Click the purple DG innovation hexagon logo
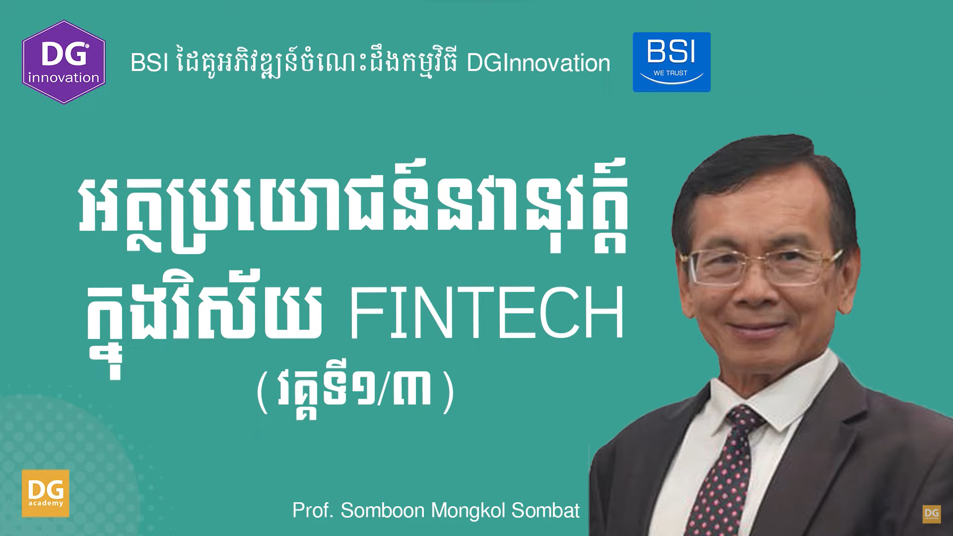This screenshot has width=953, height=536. coord(64,62)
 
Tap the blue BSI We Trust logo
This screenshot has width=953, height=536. coord(672,62)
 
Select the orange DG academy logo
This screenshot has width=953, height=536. coord(46,493)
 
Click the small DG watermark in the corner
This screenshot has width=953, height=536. coord(932,514)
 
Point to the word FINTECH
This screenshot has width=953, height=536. coord(486,314)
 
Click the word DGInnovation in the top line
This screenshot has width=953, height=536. coord(539,63)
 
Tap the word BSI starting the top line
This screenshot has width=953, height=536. coord(149,63)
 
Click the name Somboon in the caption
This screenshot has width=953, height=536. coord(382,511)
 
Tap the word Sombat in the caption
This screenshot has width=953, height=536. coord(545,511)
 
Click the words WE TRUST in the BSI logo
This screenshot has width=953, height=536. coord(671,73)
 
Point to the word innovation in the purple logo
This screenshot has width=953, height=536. coord(64,78)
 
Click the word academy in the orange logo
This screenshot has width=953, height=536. coord(46,503)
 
